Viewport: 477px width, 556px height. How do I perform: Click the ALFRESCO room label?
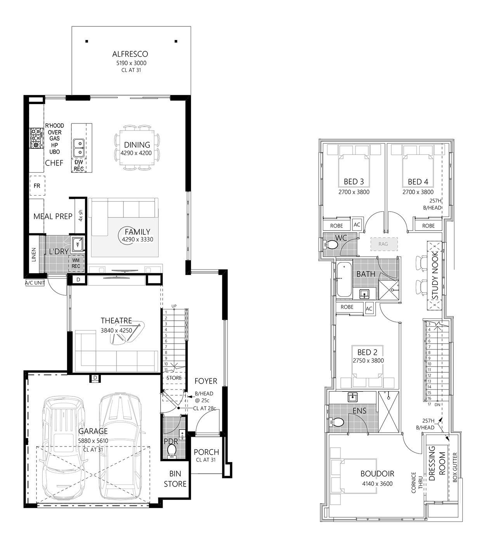pyautogui.click(x=130, y=54)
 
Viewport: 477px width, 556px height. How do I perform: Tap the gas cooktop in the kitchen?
pyautogui.click(x=36, y=138)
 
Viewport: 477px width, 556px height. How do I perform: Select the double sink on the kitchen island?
pyautogui.click(x=79, y=148)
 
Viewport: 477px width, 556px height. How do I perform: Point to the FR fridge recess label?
pyautogui.click(x=37, y=186)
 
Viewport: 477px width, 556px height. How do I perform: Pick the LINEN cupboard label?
pyautogui.click(x=34, y=254)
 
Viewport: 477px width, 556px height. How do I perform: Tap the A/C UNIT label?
pyautogui.click(x=35, y=283)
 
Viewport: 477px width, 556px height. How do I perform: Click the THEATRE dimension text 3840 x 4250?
pyautogui.click(x=116, y=330)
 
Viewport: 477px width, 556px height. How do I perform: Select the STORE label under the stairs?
pyautogui.click(x=174, y=378)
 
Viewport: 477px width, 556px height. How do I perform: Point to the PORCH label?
pyautogui.click(x=206, y=452)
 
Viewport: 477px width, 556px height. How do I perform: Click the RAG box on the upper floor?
pyautogui.click(x=383, y=244)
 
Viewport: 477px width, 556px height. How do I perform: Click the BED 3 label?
pyautogui.click(x=354, y=182)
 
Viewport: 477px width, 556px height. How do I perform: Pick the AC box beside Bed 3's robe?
pyautogui.click(x=357, y=224)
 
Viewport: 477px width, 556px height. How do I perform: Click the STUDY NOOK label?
pyautogui.click(x=435, y=275)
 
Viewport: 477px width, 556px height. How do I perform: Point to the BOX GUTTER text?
pyautogui.click(x=455, y=467)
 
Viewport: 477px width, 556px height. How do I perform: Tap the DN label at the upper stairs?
pyautogui.click(x=437, y=404)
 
